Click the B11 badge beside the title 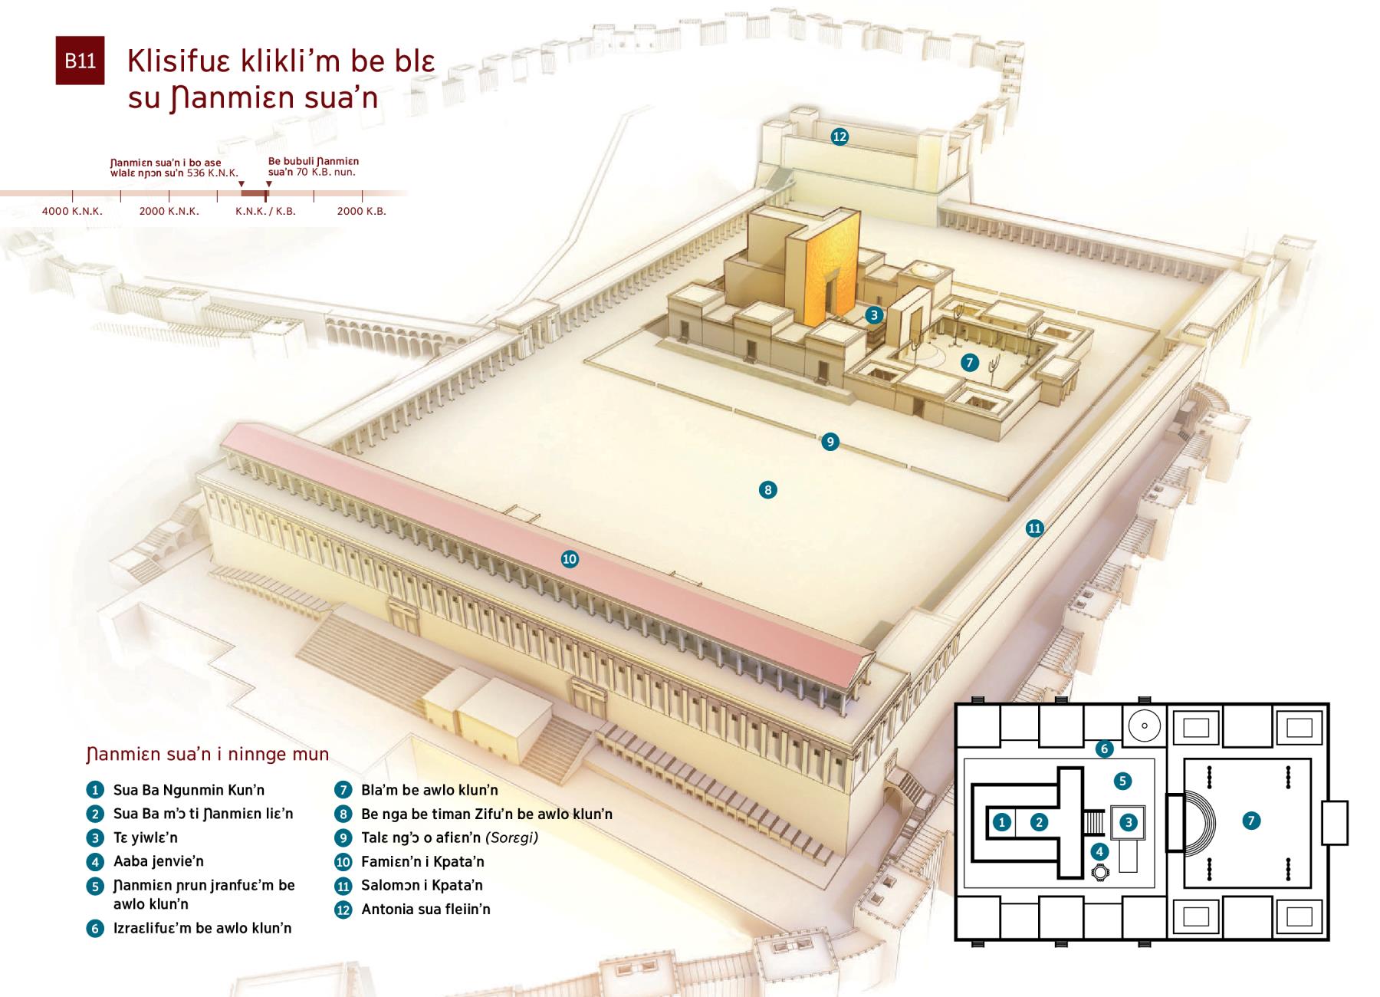[x=80, y=61]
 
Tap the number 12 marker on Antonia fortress [x=839, y=137]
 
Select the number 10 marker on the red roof [x=570, y=559]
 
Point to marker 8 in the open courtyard [x=767, y=490]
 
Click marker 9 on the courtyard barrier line [x=830, y=442]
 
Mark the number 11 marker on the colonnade [x=1035, y=528]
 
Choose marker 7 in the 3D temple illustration [x=970, y=363]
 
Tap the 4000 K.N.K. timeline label [x=72, y=211]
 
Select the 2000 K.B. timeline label [x=362, y=211]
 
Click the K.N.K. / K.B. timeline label [x=265, y=211]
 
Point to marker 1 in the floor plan [x=1002, y=822]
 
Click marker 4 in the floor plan [x=1100, y=851]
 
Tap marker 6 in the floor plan [x=1104, y=749]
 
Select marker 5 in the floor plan [x=1122, y=781]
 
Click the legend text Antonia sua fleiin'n [x=426, y=909]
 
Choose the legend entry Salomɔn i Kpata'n [x=422, y=885]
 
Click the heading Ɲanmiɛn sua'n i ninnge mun [x=208, y=754]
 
